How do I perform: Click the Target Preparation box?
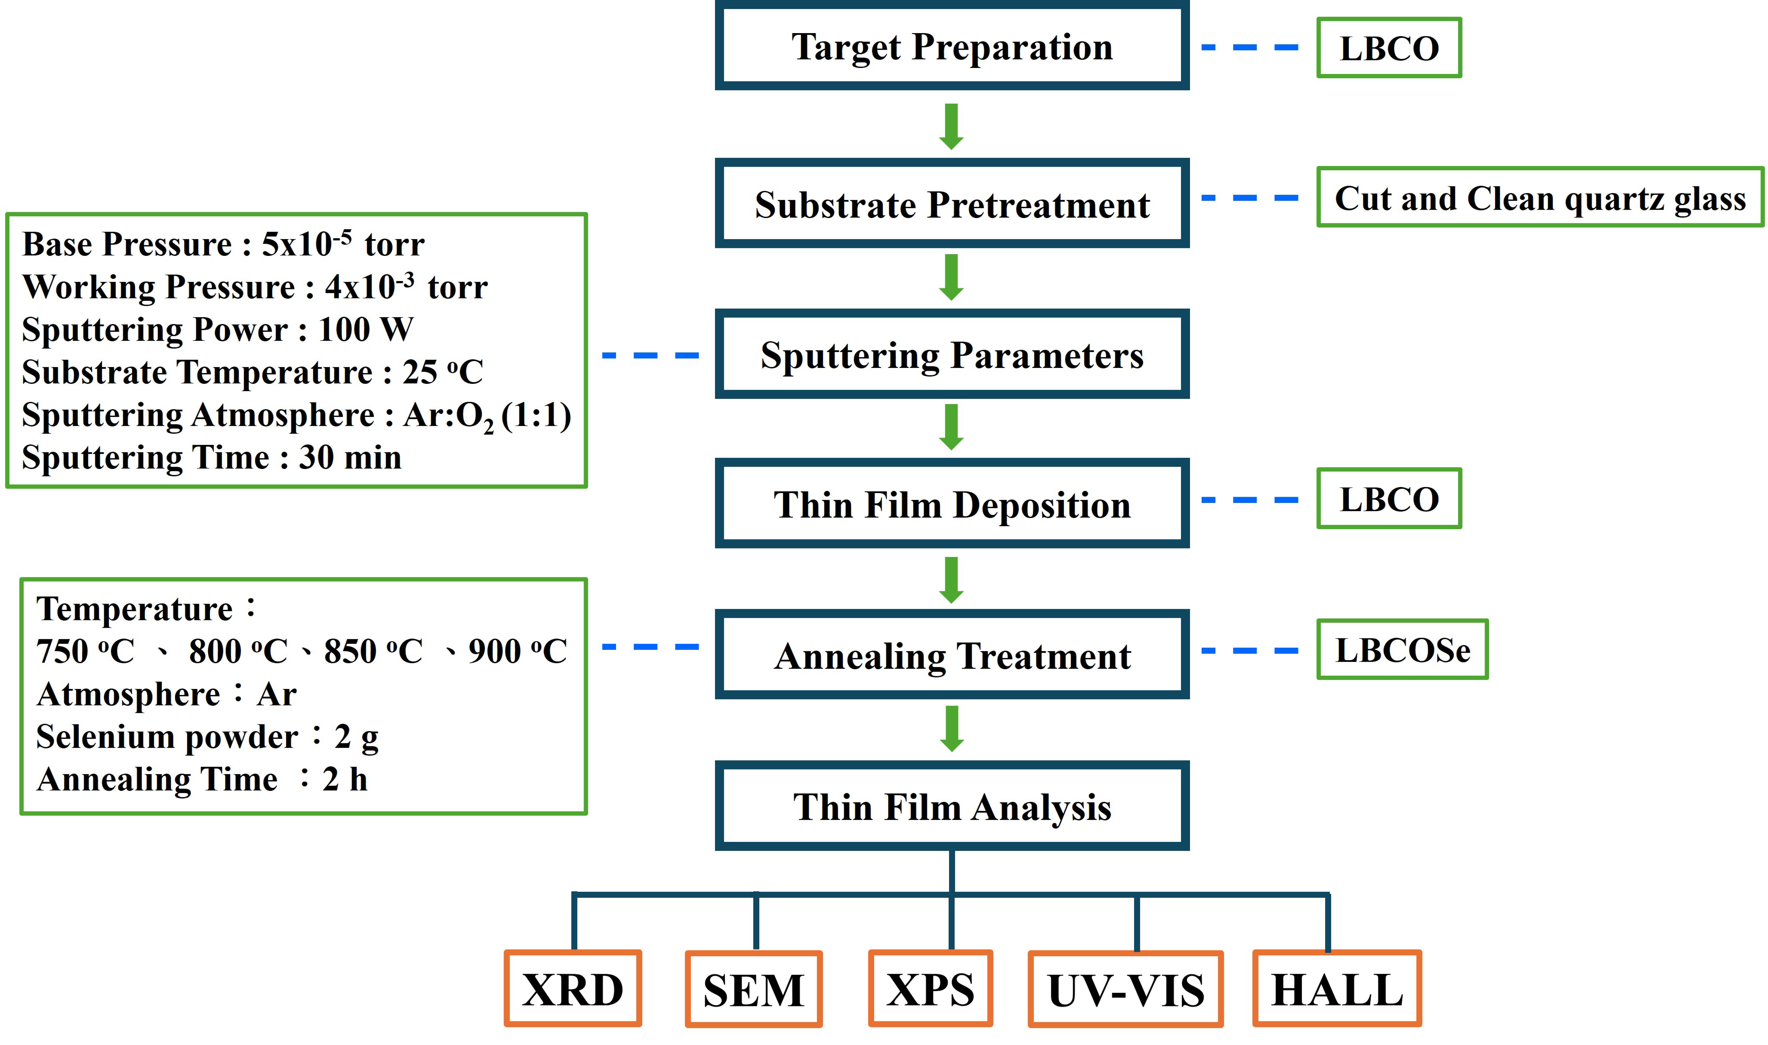tap(952, 47)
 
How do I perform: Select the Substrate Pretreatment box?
tap(952, 204)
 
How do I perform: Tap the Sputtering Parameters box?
tap(952, 355)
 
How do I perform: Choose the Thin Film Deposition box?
tap(952, 504)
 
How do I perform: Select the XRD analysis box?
tap(573, 989)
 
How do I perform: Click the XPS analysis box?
tap(930, 989)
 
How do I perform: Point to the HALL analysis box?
tap(1336, 989)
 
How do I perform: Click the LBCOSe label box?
tap(1402, 649)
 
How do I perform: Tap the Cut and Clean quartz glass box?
tap(1540, 197)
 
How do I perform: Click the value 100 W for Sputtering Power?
tap(366, 329)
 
